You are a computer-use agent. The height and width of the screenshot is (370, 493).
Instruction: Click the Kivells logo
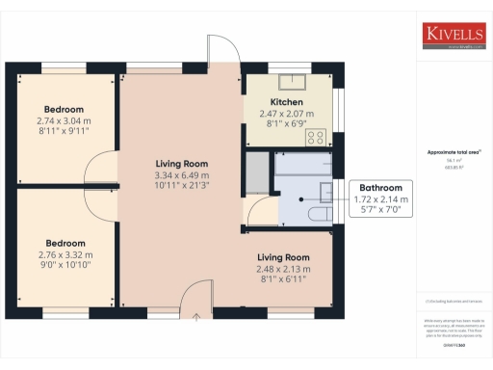453,36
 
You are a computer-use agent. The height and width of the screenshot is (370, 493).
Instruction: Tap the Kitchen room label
287,101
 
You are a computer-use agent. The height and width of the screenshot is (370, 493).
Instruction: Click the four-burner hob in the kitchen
315,137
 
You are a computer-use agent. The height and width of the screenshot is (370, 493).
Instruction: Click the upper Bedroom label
64,110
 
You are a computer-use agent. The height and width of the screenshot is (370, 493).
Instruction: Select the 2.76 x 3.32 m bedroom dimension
64,254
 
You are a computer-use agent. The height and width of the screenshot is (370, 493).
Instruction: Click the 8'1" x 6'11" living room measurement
283,277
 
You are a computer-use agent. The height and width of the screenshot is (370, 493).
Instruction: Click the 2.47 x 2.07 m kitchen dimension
287,113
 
